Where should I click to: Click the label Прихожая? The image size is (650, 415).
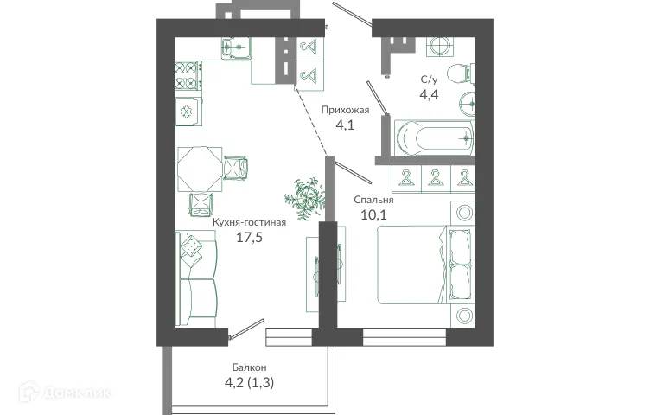point(345,110)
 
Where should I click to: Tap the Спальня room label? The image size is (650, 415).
point(374,200)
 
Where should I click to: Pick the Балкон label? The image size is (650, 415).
point(248,367)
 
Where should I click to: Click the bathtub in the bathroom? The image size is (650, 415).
point(434,136)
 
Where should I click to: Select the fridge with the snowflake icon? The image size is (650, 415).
point(187,112)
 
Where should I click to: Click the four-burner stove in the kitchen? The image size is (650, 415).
point(188,76)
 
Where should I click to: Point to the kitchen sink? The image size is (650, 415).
point(233,48)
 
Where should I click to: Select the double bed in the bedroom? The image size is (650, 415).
point(424,264)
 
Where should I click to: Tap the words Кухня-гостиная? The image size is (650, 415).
point(249,221)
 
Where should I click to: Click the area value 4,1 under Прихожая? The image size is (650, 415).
point(345,125)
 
